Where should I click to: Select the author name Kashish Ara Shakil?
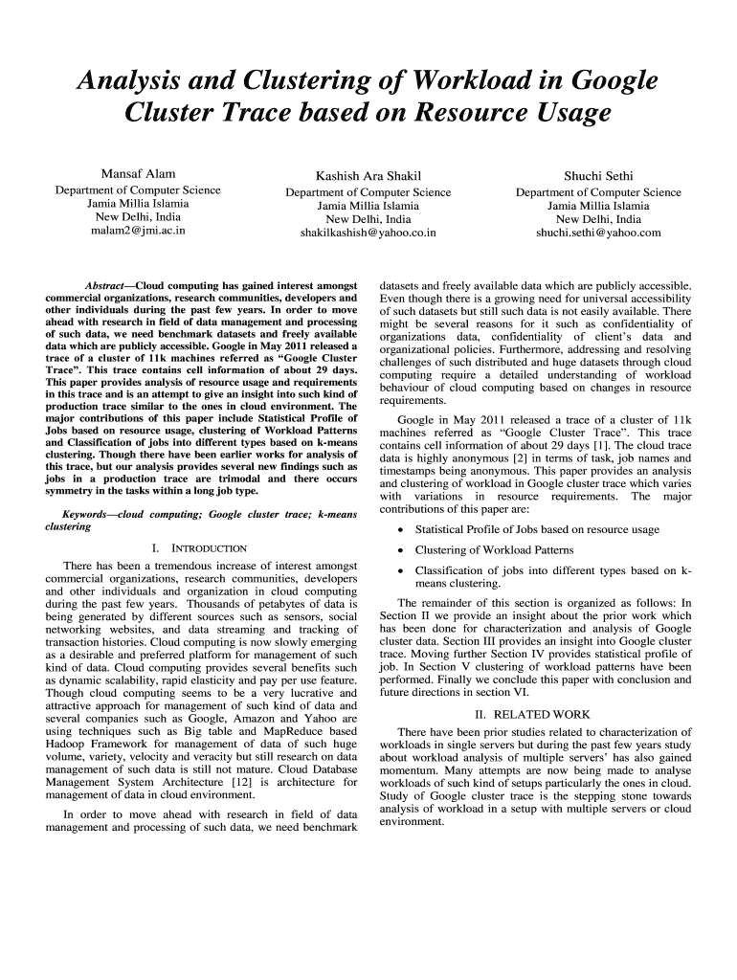[x=368, y=176]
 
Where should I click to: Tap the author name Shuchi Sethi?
[x=598, y=176]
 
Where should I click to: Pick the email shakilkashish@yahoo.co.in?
[x=368, y=232]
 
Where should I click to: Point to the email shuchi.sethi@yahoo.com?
[x=598, y=232]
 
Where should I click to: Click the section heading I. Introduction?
[x=200, y=548]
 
